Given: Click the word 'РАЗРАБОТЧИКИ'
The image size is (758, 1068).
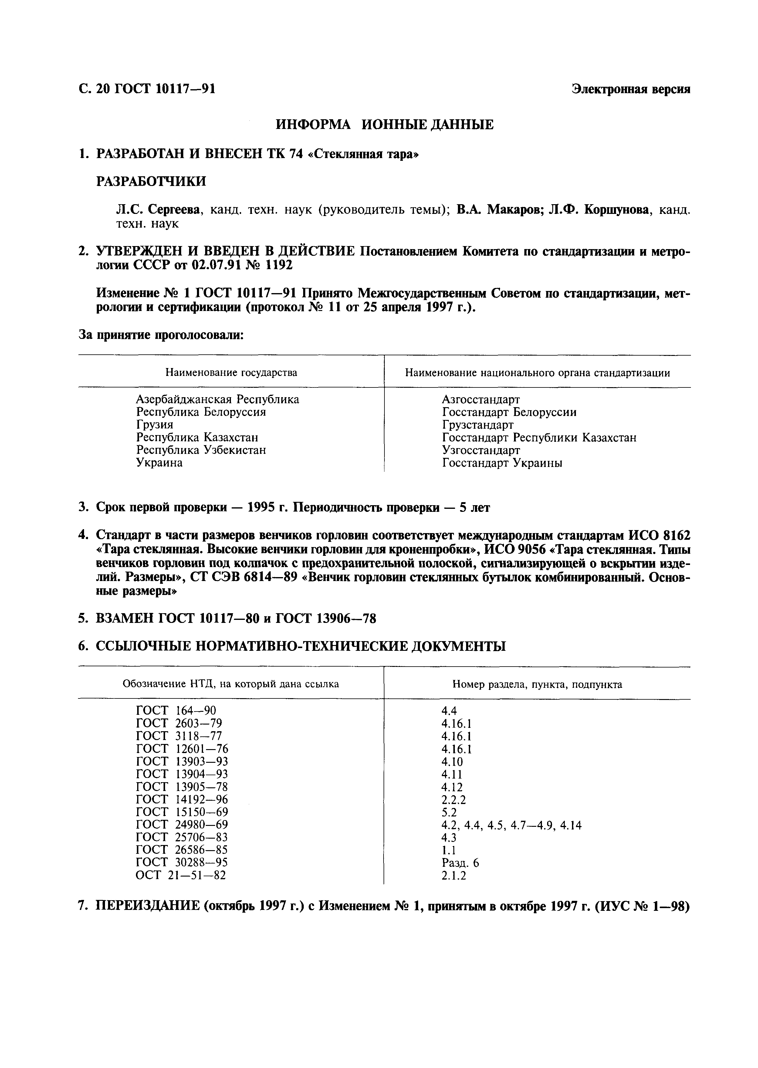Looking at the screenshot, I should [x=151, y=181].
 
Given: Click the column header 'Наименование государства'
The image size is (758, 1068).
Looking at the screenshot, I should [x=231, y=373].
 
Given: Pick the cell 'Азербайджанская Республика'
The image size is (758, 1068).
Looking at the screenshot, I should [x=218, y=399].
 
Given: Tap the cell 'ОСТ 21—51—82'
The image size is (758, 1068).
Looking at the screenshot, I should [x=180, y=876].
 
